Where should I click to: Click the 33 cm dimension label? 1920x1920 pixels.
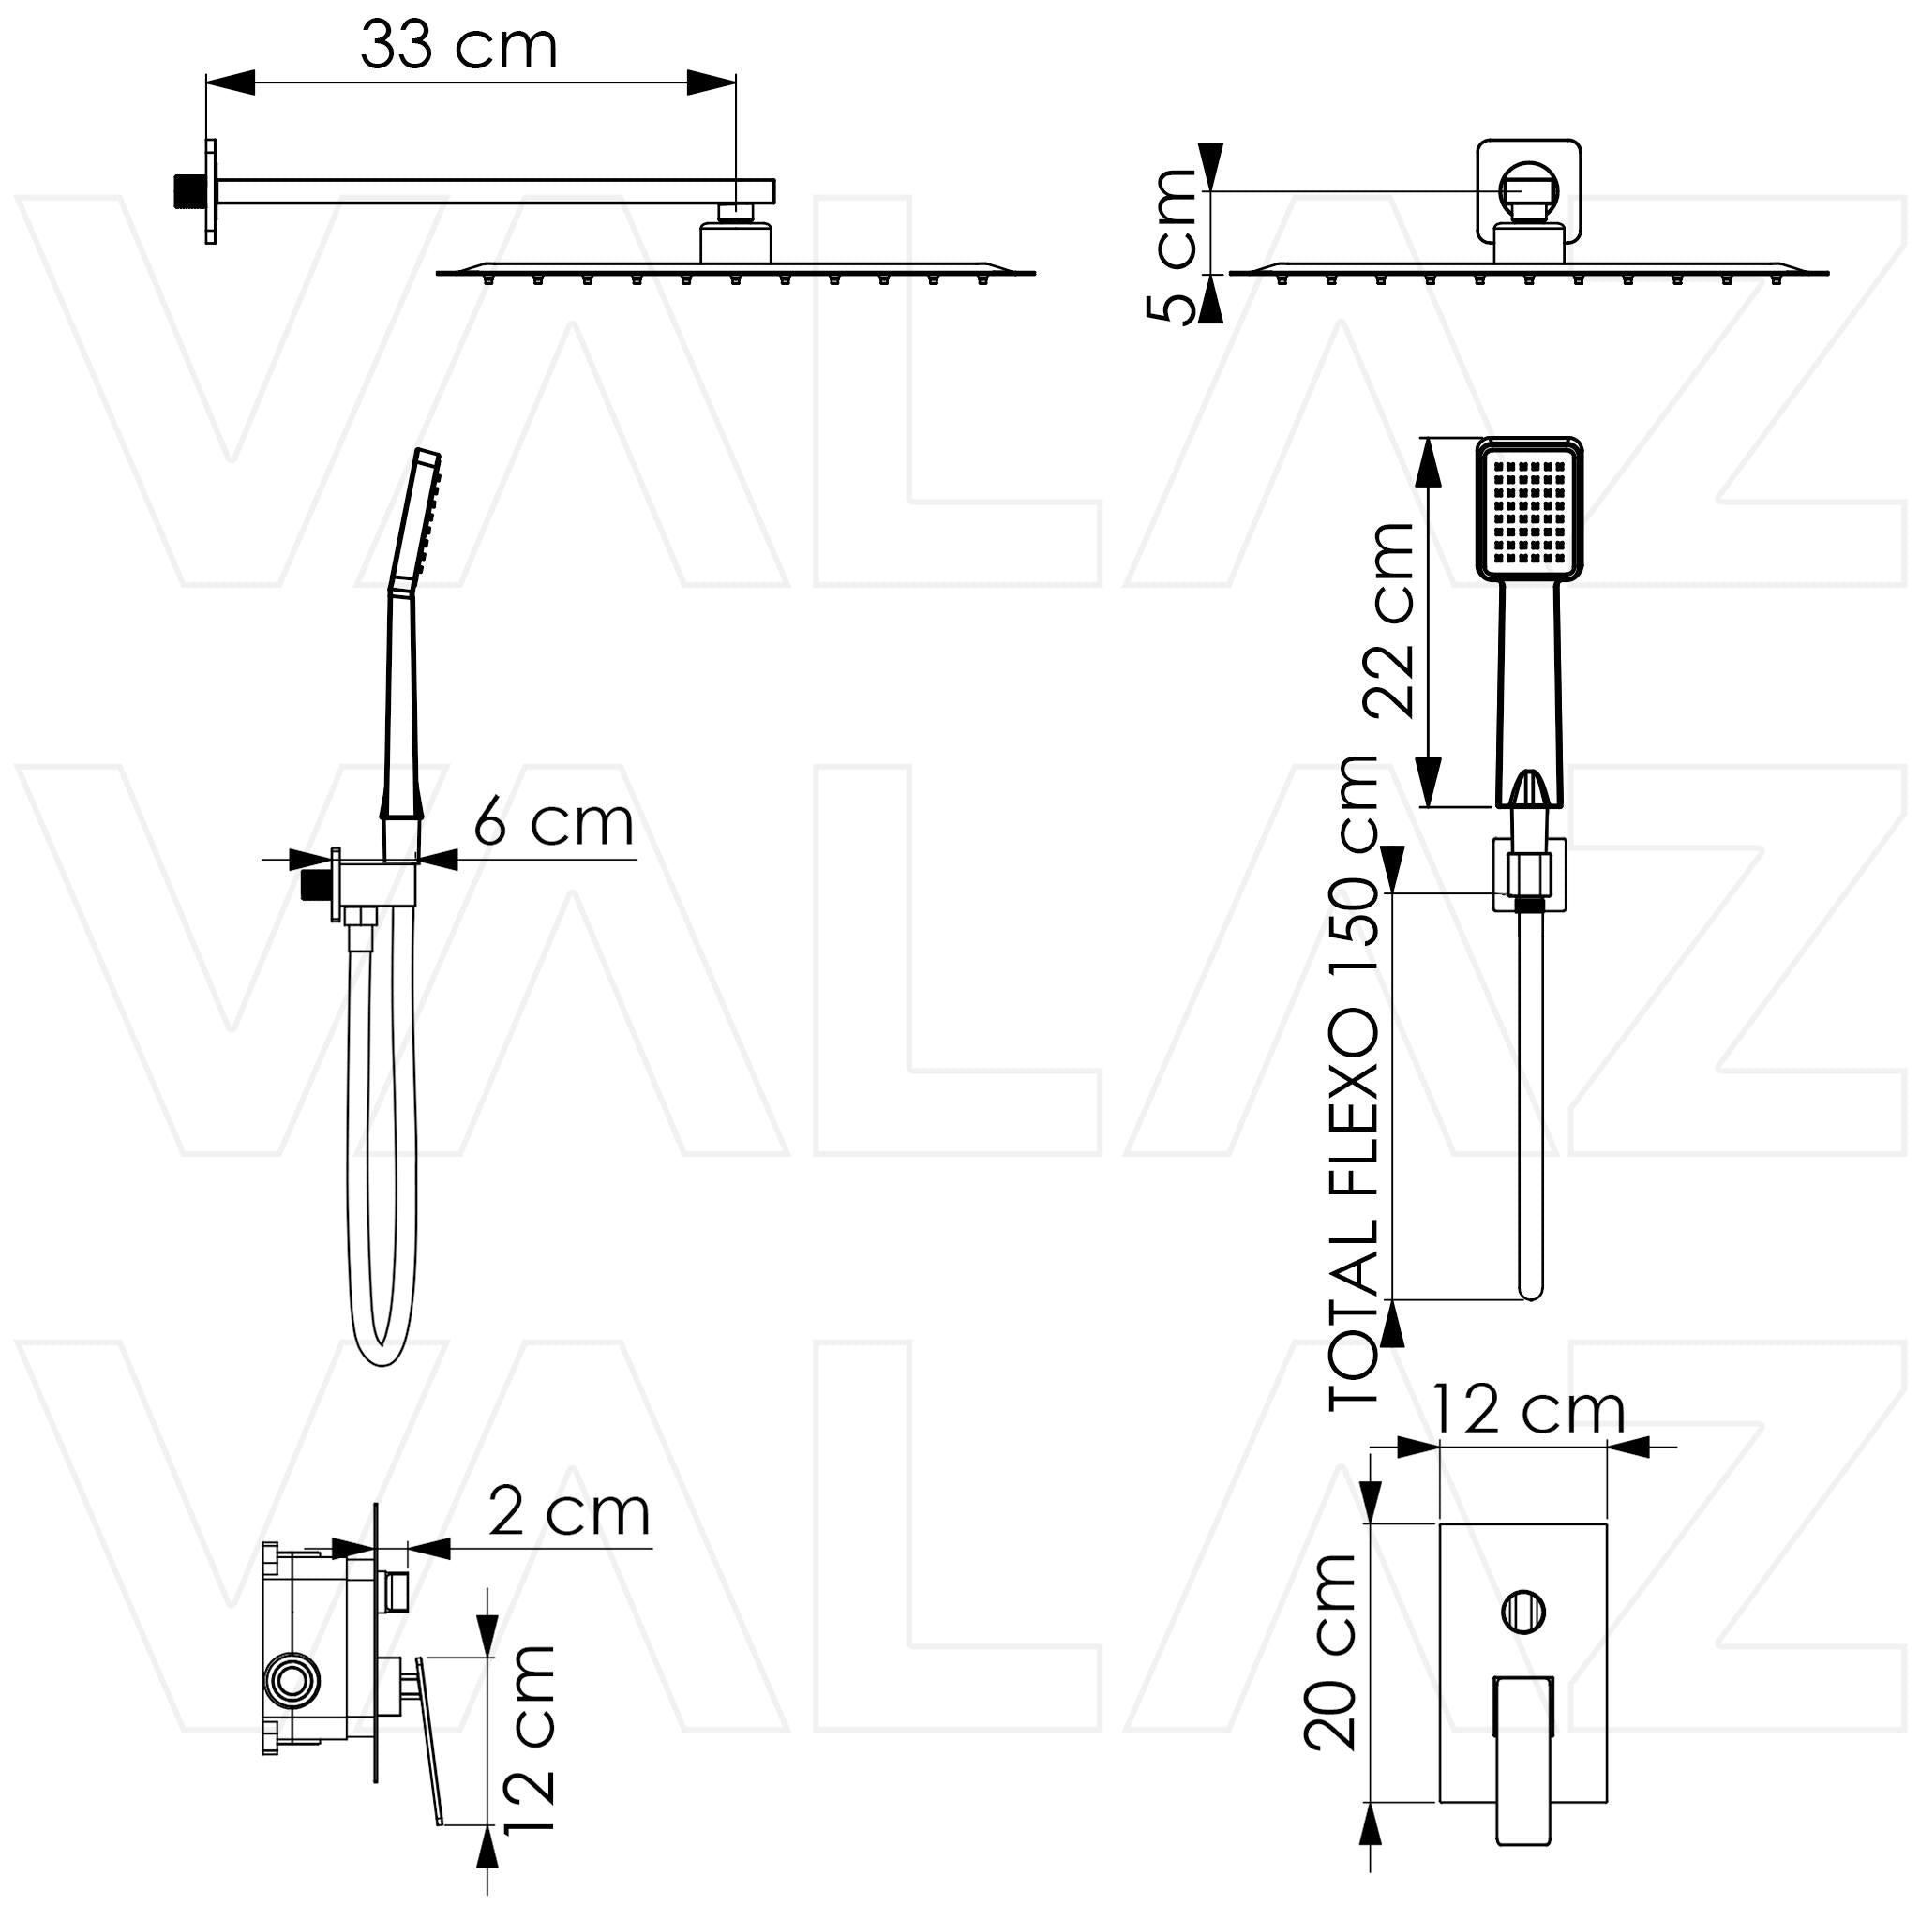click(458, 46)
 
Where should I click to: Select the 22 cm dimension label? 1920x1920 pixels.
click(1389, 619)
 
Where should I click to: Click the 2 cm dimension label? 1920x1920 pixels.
click(569, 1512)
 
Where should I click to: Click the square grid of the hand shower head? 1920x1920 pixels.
click(1529, 513)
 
